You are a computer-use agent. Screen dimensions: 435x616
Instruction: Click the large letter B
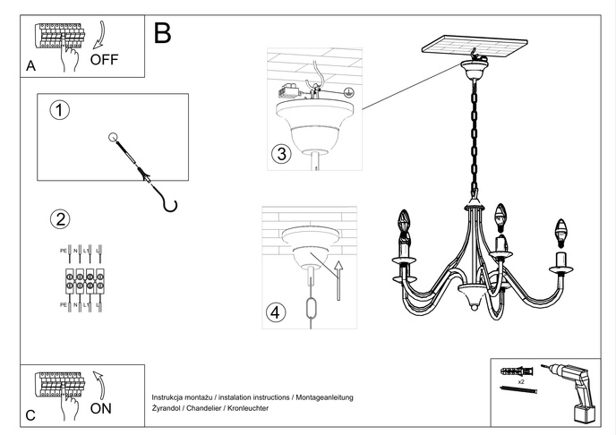coord(162,33)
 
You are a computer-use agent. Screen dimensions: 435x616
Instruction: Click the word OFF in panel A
coord(104,61)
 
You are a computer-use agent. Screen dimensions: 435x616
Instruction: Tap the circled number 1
coord(59,111)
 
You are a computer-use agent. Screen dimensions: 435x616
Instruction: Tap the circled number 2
coord(59,219)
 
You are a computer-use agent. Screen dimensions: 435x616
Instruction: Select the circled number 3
coord(281,154)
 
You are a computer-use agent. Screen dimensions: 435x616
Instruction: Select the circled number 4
coord(277,312)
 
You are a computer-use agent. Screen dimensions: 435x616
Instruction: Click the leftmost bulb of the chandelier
coord(404,222)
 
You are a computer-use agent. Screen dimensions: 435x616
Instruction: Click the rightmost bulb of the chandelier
coord(562,230)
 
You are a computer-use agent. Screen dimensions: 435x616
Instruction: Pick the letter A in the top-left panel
coord(31,66)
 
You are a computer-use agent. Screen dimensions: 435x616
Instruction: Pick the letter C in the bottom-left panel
coord(30,414)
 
